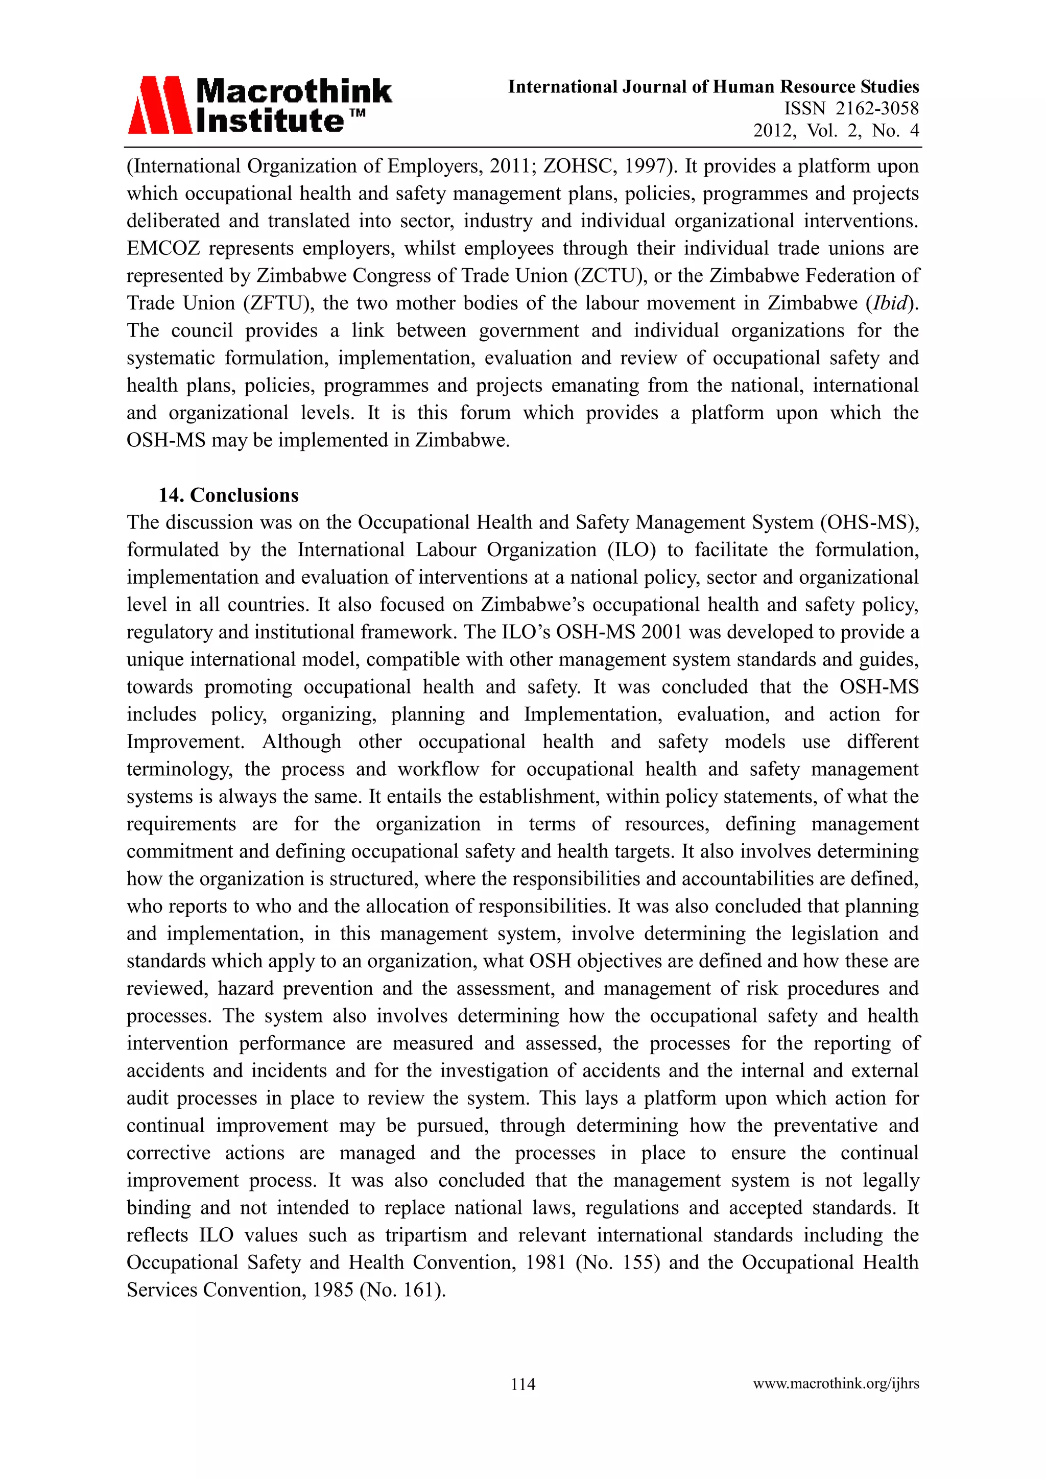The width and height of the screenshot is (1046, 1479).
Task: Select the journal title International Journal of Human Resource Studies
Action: click(713, 86)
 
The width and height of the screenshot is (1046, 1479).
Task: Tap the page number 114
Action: click(522, 1383)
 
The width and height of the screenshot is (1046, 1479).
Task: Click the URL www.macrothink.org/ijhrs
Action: click(836, 1383)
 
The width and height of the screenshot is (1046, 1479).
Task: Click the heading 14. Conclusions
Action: click(229, 495)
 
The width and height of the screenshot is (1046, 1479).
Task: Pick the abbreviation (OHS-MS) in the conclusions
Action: click(869, 522)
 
